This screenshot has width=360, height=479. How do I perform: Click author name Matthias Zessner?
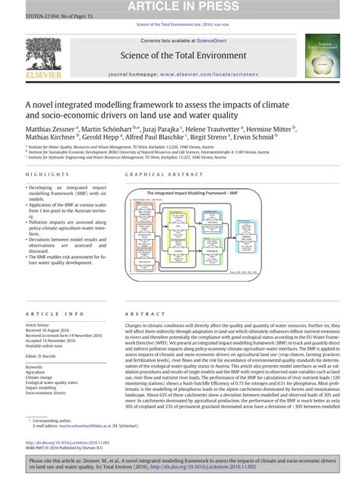click(49, 130)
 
